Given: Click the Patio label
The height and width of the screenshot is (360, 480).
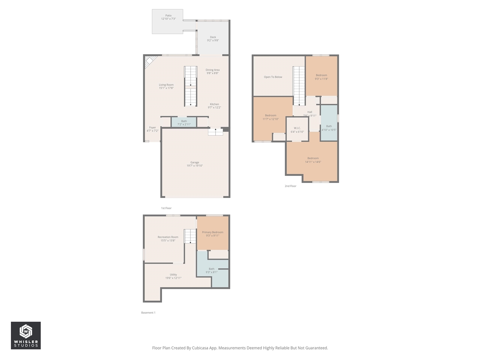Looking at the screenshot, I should (x=168, y=16).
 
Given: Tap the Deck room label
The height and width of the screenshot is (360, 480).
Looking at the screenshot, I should (x=213, y=37).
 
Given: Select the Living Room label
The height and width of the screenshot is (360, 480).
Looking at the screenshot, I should (x=166, y=85).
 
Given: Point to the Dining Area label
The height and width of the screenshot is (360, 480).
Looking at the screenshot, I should (x=212, y=70).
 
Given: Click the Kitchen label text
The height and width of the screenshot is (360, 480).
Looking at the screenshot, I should (x=214, y=104).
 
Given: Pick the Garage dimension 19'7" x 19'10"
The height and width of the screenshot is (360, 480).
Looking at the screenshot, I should (x=195, y=166).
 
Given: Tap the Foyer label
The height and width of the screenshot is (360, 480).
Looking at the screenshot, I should (x=152, y=127).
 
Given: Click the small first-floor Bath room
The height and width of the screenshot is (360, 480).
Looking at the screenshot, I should (x=184, y=122).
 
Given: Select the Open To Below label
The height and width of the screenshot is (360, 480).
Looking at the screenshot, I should (x=273, y=77).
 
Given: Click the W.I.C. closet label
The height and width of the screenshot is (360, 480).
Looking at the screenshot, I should (x=297, y=128).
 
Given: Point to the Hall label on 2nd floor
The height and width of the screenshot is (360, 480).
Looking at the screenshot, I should (x=310, y=112).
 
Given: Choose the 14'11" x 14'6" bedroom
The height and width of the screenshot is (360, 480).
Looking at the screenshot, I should (x=313, y=160).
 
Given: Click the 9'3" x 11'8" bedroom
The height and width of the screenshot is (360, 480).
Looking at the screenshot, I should (x=321, y=77).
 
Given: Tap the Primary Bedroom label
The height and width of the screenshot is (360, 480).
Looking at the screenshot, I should (x=212, y=232).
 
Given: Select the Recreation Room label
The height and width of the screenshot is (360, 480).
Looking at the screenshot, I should (x=168, y=237).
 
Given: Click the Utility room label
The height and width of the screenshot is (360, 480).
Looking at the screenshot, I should (x=173, y=274).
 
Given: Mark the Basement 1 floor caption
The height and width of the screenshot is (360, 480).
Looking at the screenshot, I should (x=148, y=312).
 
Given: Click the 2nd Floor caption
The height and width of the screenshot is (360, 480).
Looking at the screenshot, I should (x=290, y=186).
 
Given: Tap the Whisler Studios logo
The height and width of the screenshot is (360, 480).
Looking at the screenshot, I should (x=25, y=335).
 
